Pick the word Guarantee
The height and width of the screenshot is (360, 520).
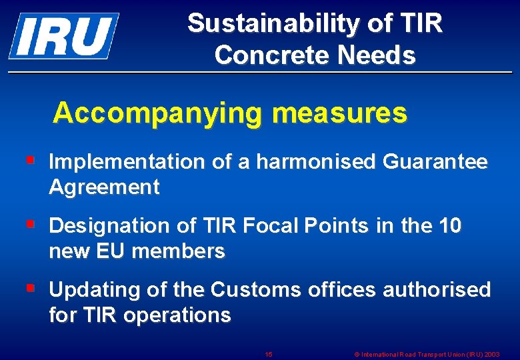click(435, 162)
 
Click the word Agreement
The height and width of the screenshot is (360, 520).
click(104, 187)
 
